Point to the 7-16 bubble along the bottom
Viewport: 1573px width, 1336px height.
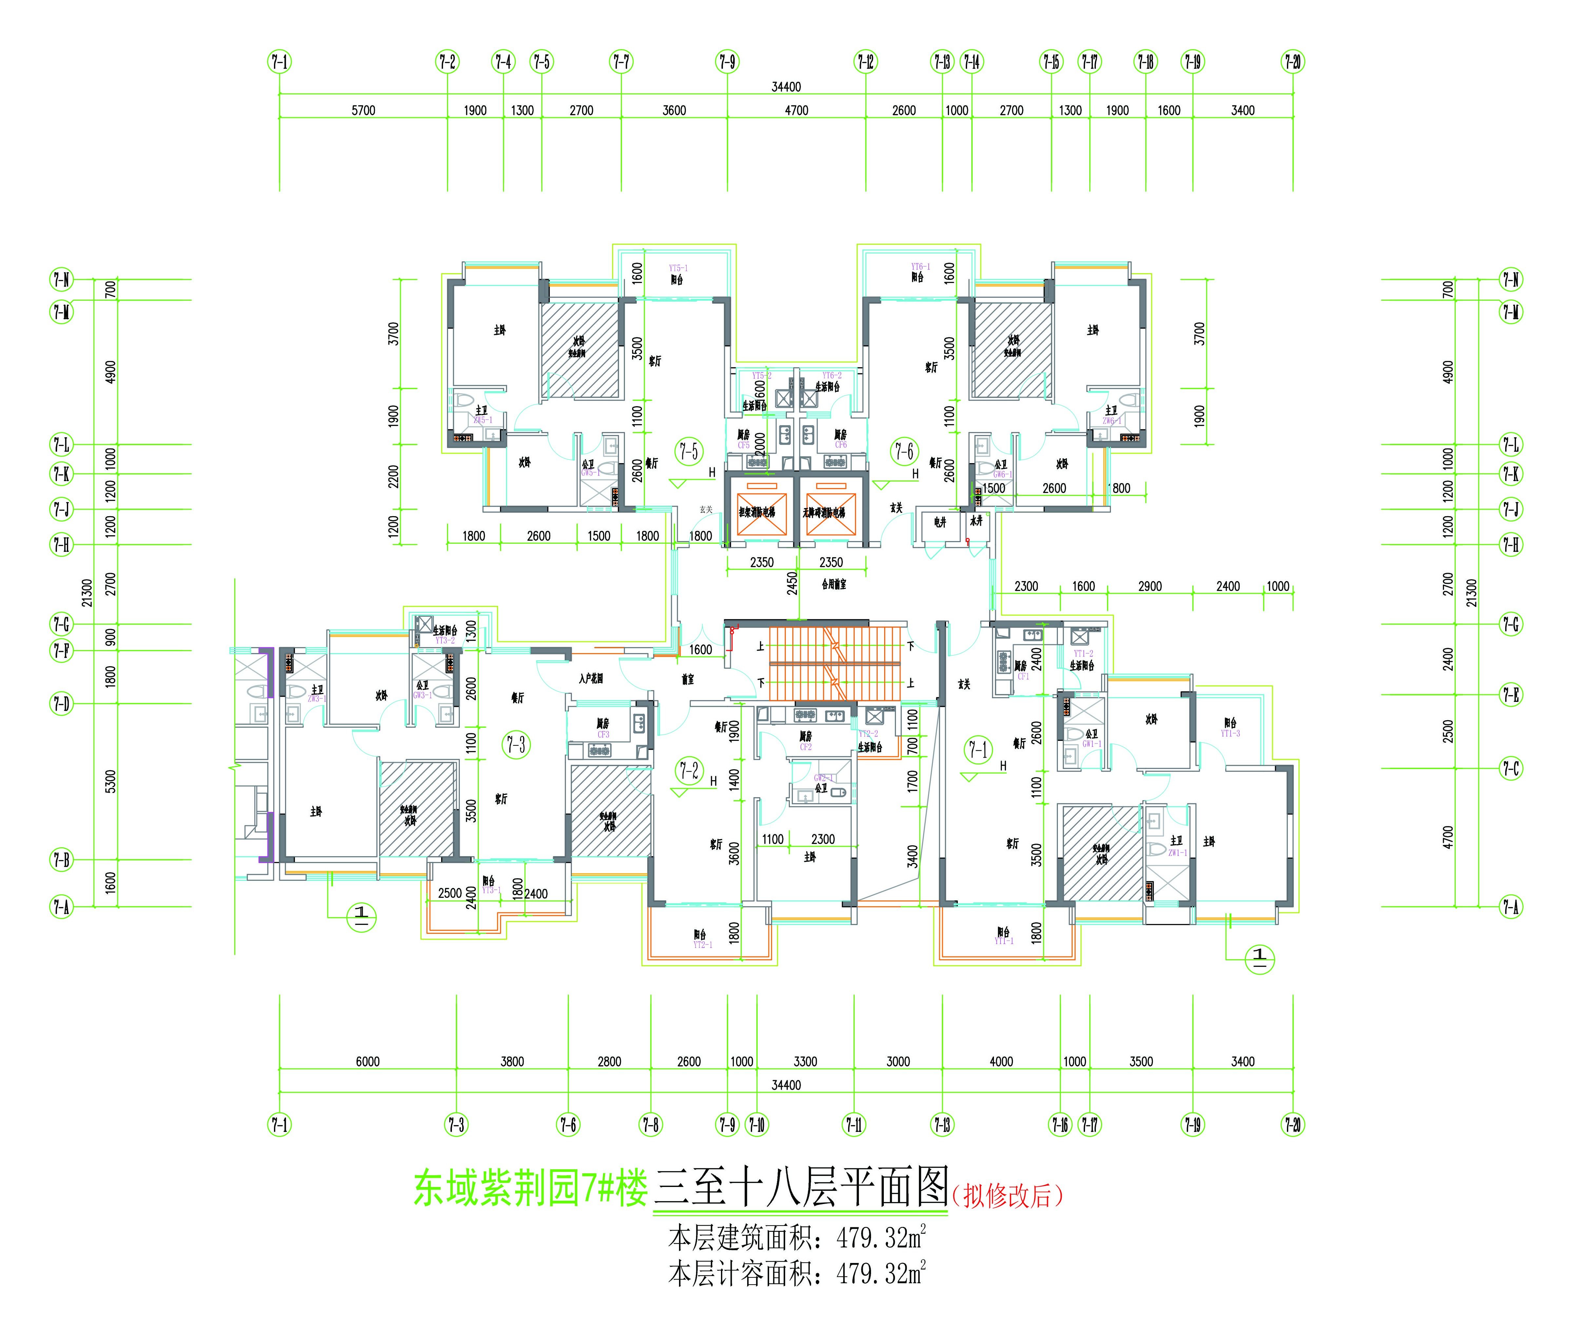(1060, 1125)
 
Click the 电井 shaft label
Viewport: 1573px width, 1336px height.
(940, 522)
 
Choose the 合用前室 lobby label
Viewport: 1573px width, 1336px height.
(833, 584)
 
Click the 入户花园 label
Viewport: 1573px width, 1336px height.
(591, 679)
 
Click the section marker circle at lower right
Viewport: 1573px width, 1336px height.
(1260, 959)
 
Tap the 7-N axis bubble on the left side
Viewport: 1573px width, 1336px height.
(61, 279)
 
